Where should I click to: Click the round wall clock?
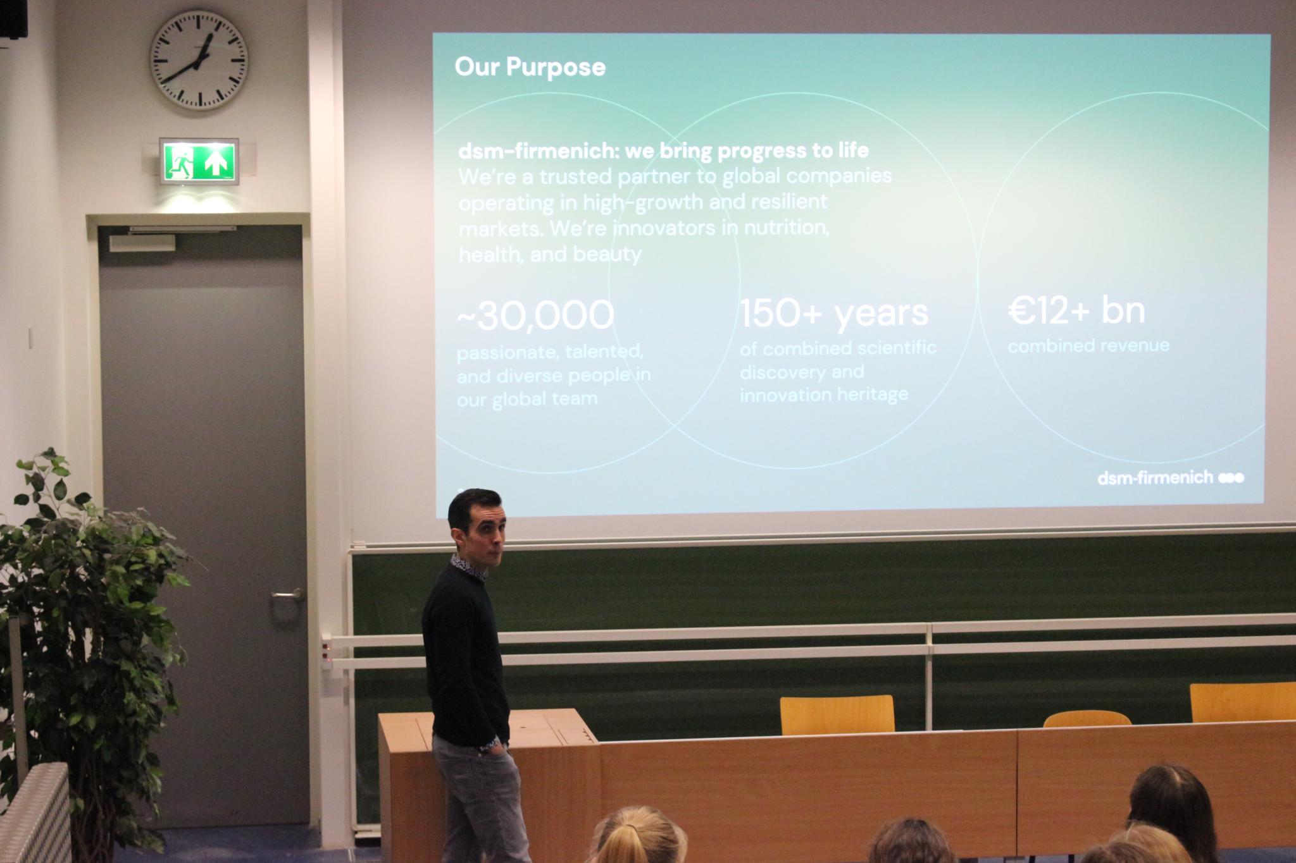pos(199,60)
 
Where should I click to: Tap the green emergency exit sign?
pos(199,161)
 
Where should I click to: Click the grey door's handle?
pos(287,596)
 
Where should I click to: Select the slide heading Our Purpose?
pos(530,66)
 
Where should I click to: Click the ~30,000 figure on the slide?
pos(535,315)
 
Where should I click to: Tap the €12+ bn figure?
pos(1076,311)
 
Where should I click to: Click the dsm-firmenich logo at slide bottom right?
pos(1170,477)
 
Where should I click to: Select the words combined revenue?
pos(1088,345)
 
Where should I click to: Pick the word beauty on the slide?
pos(607,254)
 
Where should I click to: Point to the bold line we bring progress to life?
pos(747,150)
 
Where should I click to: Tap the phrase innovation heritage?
pos(824,395)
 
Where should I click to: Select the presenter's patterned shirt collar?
pos(469,566)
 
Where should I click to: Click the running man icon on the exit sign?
pos(182,162)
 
